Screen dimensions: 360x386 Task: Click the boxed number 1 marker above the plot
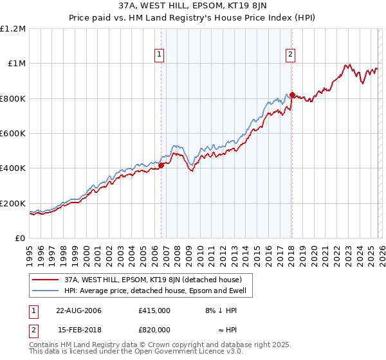159,55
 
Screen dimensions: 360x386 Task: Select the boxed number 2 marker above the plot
291,55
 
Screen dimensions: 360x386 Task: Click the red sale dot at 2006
161,166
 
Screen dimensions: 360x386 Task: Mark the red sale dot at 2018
292,95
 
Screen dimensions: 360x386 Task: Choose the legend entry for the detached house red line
152,280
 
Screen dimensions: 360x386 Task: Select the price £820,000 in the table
154,329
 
